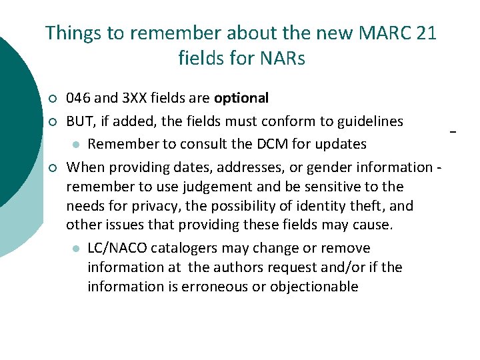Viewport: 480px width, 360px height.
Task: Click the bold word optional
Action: point(241,99)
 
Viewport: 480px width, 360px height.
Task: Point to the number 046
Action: point(79,99)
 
